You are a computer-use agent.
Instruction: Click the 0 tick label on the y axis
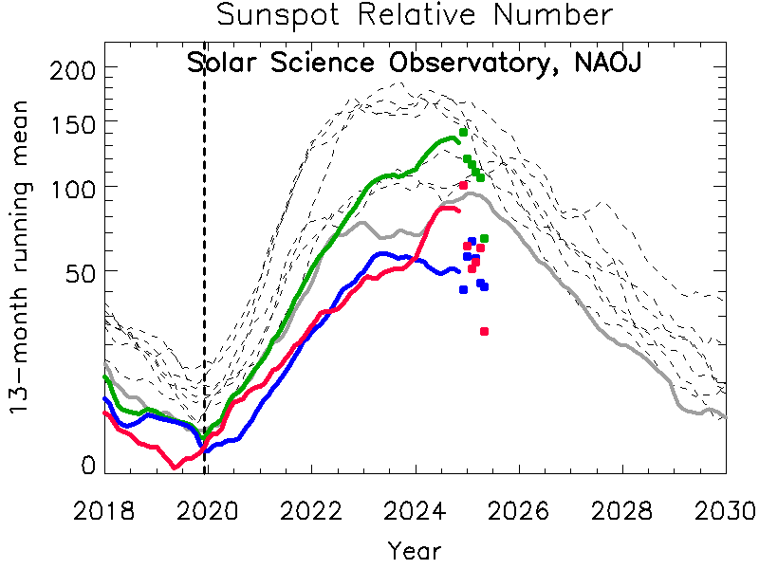[x=87, y=466]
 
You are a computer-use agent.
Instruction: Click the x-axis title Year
[x=415, y=550]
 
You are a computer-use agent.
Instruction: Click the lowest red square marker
[x=484, y=331]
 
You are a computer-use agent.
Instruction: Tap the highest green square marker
[x=463, y=132]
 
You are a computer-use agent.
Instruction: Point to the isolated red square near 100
[x=463, y=185]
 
